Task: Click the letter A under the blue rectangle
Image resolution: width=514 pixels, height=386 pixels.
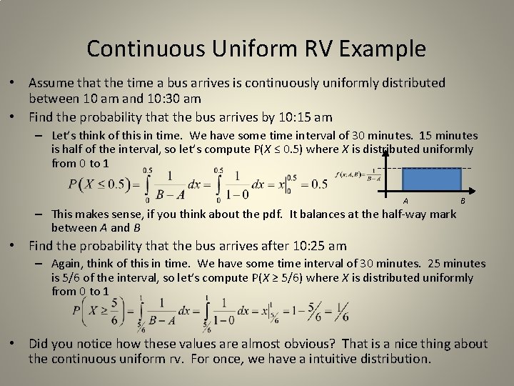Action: click(405, 201)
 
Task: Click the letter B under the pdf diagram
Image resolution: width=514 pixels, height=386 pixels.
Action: click(462, 201)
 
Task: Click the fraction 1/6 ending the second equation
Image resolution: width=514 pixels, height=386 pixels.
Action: click(342, 312)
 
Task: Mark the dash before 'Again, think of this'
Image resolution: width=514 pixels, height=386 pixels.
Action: click(44, 264)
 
